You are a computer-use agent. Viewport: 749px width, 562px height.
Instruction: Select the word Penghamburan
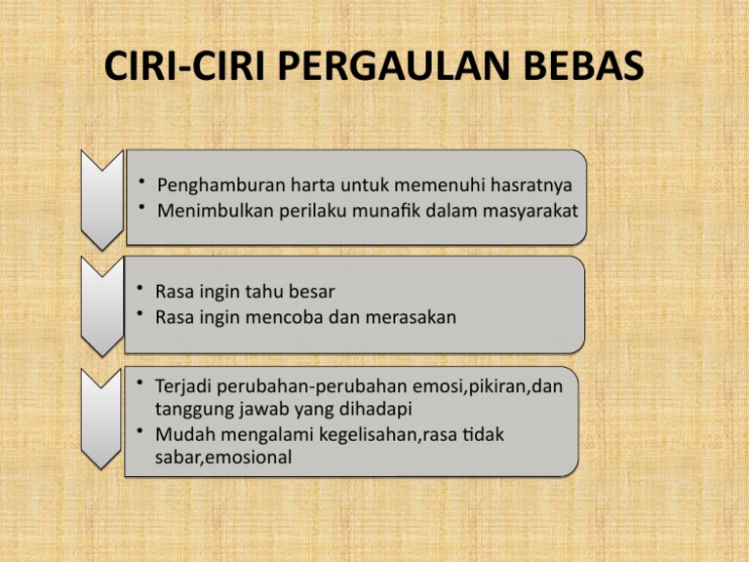[x=218, y=185]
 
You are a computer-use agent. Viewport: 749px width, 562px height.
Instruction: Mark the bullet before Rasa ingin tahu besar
[x=142, y=289]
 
